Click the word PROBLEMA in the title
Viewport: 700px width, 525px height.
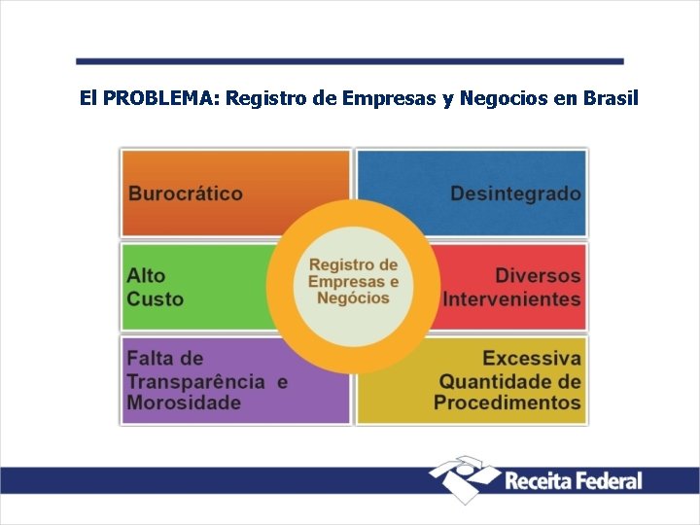pyautogui.click(x=160, y=98)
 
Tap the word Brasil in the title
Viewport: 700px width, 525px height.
pyautogui.click(x=609, y=98)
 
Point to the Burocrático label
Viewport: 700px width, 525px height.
pyautogui.click(x=186, y=192)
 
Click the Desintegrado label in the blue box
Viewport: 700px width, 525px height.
pyautogui.click(x=515, y=192)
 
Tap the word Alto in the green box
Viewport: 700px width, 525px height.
pyautogui.click(x=147, y=276)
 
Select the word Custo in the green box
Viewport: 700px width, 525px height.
pyautogui.click(x=155, y=298)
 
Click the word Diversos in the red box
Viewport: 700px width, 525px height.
pyautogui.click(x=538, y=276)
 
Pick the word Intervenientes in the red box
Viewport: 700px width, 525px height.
pyautogui.click(x=511, y=298)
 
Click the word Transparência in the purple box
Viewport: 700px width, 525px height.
pyautogui.click(x=195, y=381)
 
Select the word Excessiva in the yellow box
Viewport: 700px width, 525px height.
pyautogui.click(x=532, y=359)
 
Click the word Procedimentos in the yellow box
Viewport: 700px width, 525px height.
pyautogui.click(x=507, y=402)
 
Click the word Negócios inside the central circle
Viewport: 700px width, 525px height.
pyautogui.click(x=353, y=298)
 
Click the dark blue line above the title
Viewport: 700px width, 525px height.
pyautogui.click(x=350, y=60)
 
